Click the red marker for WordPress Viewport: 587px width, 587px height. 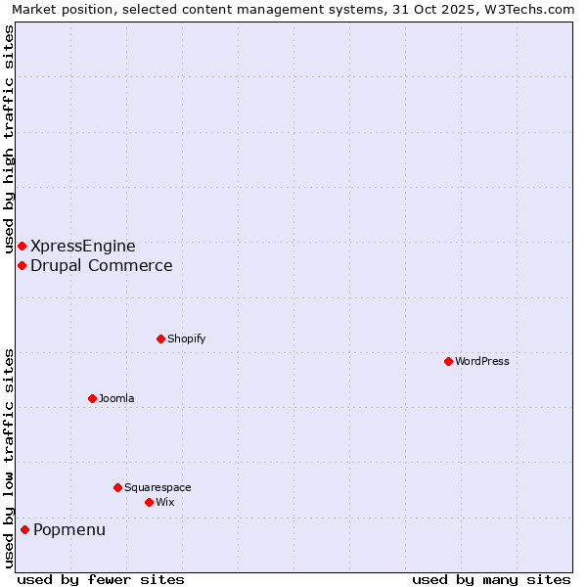(448, 361)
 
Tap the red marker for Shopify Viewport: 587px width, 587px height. (160, 339)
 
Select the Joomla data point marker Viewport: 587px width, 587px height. (92, 398)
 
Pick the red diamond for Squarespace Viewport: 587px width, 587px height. (117, 487)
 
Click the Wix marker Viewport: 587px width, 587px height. (149, 502)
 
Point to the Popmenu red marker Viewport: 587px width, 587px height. (24, 529)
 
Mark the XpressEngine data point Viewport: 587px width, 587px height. (22, 246)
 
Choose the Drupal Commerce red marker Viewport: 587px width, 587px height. (22, 265)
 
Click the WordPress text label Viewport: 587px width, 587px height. (482, 361)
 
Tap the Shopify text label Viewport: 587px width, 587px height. (186, 339)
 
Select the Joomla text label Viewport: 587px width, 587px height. (116, 398)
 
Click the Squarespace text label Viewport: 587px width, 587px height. (158, 487)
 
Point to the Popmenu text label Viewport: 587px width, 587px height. (69, 529)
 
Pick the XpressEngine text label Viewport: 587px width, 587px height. (83, 246)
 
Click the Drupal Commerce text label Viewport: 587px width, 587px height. (102, 265)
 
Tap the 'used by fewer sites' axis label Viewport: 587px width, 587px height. (101, 579)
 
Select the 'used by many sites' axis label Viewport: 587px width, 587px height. (491, 579)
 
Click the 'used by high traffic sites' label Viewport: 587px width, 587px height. (9, 138)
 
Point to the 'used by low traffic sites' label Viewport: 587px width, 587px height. (9, 458)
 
